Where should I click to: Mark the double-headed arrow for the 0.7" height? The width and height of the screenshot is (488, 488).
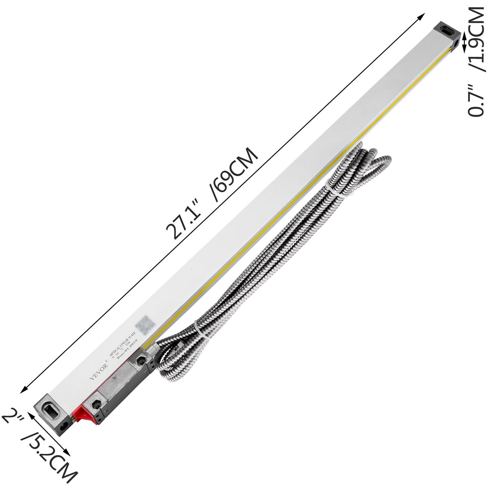[465, 43]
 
